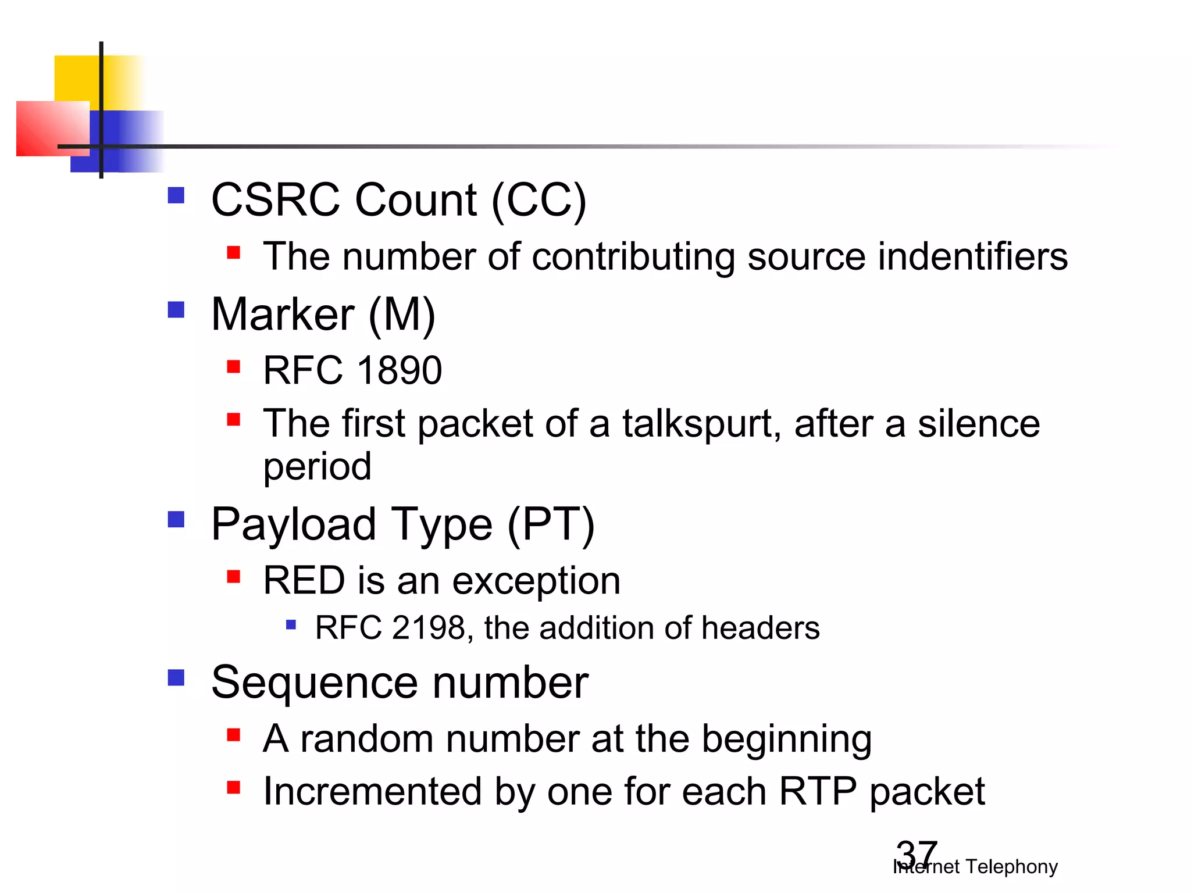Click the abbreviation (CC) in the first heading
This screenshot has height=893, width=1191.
click(x=539, y=200)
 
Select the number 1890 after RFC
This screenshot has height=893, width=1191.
click(x=399, y=370)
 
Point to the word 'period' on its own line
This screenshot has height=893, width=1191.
click(x=317, y=466)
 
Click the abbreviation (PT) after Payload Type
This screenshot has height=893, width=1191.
click(x=551, y=524)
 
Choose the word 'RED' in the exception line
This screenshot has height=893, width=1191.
click(x=304, y=580)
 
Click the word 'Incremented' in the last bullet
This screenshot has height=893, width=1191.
click(x=372, y=792)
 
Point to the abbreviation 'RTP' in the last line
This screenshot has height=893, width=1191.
click(x=817, y=792)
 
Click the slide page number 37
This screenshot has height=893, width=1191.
click(x=917, y=853)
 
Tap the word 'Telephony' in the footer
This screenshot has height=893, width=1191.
click(x=1011, y=867)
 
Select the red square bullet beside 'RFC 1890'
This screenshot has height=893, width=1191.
click(x=234, y=367)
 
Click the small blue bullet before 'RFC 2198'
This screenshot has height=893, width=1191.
click(x=291, y=626)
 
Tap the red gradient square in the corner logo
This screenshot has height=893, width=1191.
click(x=47, y=128)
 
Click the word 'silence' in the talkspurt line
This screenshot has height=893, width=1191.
click(x=978, y=423)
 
